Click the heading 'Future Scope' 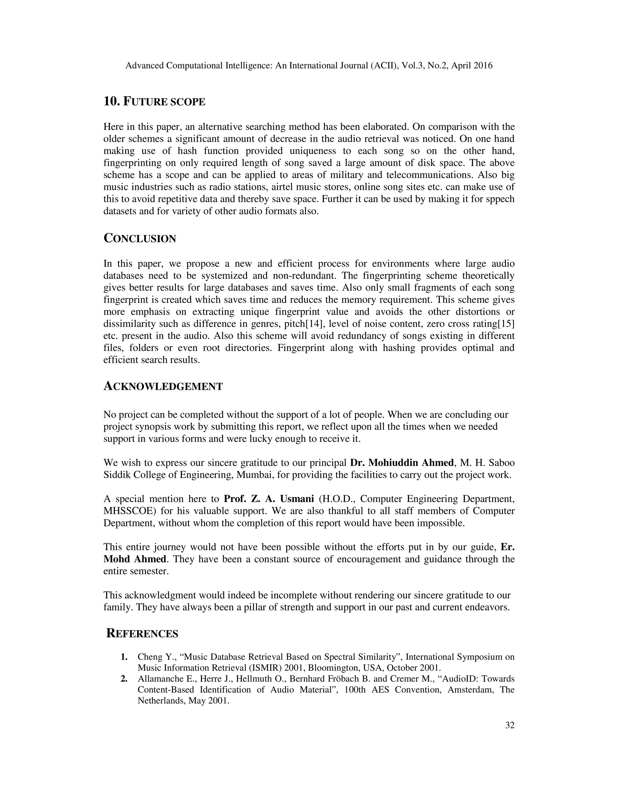click(154, 102)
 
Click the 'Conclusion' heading click(140, 239)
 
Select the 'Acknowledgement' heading click(163, 387)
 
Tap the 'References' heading click(142, 634)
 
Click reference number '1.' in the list click(124, 657)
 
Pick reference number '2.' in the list click(124, 679)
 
